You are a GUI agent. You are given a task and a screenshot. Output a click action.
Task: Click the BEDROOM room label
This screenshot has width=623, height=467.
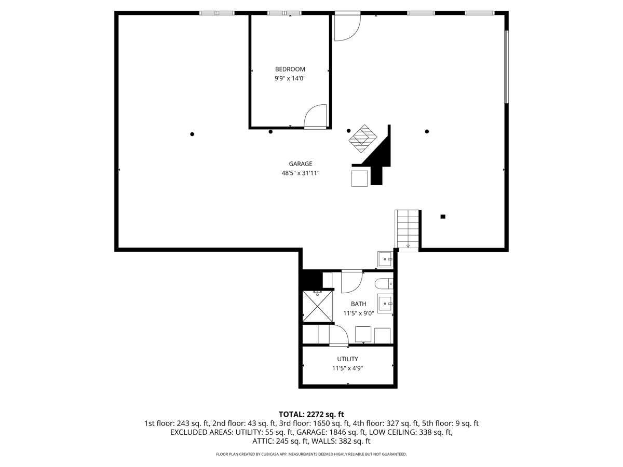tap(290, 69)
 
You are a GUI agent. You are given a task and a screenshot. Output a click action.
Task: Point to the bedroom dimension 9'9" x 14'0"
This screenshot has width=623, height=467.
tap(290, 78)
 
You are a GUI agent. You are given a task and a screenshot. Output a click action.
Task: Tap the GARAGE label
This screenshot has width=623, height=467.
tap(300, 164)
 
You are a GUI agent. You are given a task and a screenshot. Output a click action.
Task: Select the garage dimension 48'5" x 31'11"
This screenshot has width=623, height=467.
tap(300, 173)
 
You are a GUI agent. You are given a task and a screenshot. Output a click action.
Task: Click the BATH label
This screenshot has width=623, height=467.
tap(358, 304)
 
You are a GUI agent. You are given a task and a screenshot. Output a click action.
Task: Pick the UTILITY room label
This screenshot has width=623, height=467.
tap(347, 359)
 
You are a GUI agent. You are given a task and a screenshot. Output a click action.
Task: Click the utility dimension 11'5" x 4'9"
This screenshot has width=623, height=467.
tap(347, 368)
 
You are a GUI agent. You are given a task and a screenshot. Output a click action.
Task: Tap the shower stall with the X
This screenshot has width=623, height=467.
tap(317, 306)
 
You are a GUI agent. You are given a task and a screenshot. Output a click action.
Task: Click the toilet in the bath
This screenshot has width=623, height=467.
tap(384, 283)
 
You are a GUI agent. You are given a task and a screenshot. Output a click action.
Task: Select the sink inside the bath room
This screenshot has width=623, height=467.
tap(385, 304)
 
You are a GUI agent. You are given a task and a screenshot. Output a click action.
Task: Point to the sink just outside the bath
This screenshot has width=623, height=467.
tap(385, 259)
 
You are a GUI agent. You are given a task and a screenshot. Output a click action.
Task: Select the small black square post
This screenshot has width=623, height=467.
tap(442, 216)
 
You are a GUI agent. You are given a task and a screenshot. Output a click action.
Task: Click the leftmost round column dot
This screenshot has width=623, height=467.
tap(192, 134)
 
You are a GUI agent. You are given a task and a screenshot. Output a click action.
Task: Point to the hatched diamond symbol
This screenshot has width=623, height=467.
tap(363, 139)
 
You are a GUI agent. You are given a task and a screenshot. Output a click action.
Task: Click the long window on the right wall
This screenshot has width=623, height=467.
tap(506, 67)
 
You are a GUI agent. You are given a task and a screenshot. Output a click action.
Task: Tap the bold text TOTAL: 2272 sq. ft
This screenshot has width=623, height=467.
tap(311, 414)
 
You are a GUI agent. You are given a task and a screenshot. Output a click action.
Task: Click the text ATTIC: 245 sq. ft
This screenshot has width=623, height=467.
tap(280, 441)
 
